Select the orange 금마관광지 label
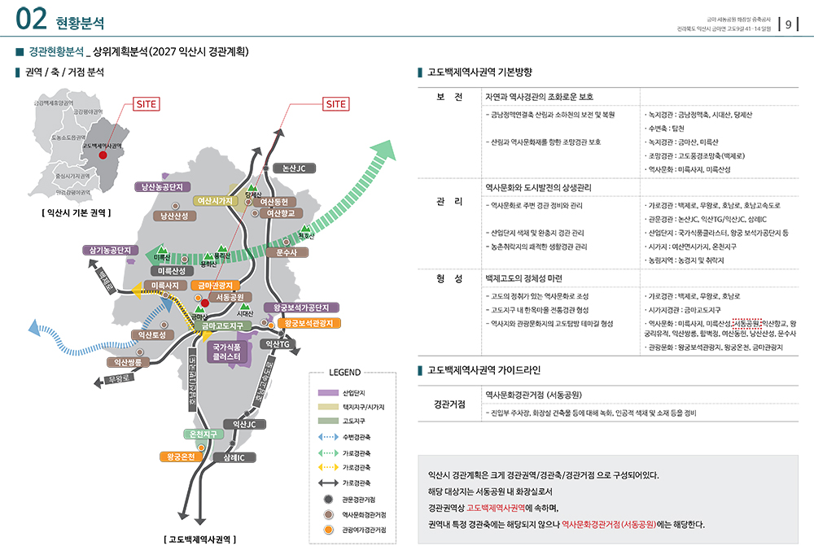[216, 286]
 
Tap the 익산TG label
[274, 344]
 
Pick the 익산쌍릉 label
[128, 362]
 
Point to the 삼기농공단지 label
[112, 250]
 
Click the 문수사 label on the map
[287, 253]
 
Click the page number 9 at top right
[788, 24]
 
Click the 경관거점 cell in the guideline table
[449, 404]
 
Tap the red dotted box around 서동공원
[746, 323]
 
